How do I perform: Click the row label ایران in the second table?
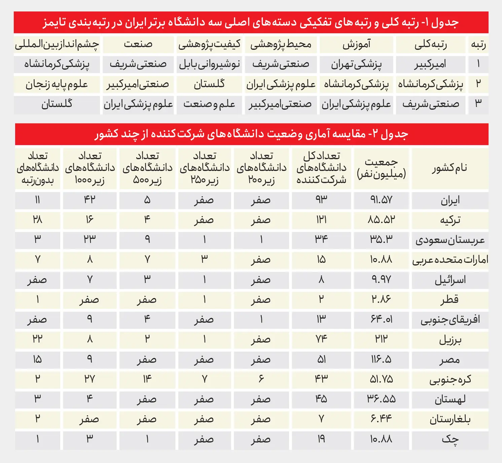[x=450, y=201]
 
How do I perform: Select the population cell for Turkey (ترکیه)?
[x=381, y=220]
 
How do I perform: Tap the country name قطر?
[x=450, y=299]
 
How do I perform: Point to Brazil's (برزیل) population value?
[x=381, y=339]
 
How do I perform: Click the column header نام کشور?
[x=450, y=168]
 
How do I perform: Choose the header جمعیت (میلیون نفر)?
[x=381, y=168]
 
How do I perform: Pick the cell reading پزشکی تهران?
[x=356, y=64]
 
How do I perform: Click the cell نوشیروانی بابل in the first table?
[x=209, y=64]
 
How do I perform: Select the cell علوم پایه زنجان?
[x=57, y=84]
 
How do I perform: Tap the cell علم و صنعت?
[x=209, y=104]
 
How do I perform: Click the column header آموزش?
[x=356, y=44]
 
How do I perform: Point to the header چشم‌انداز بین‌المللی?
[x=57, y=44]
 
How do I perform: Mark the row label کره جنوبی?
[x=450, y=380]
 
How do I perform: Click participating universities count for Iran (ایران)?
[x=321, y=200]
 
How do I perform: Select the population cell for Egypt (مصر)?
[x=381, y=359]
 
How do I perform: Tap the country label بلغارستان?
[x=450, y=419]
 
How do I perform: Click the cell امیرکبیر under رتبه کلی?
[x=430, y=64]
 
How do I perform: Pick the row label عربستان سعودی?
[x=450, y=240]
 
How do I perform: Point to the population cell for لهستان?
[x=381, y=399]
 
